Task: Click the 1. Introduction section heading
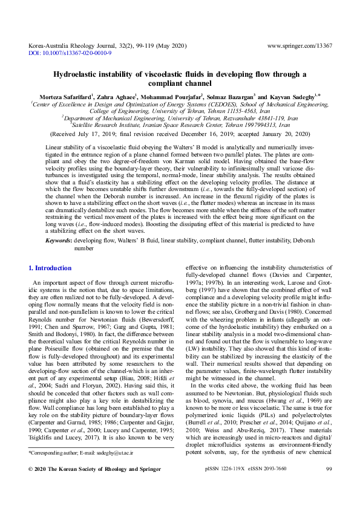pyautogui.click(x=50, y=268)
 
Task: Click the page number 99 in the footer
pyautogui.click(x=329, y=486)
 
